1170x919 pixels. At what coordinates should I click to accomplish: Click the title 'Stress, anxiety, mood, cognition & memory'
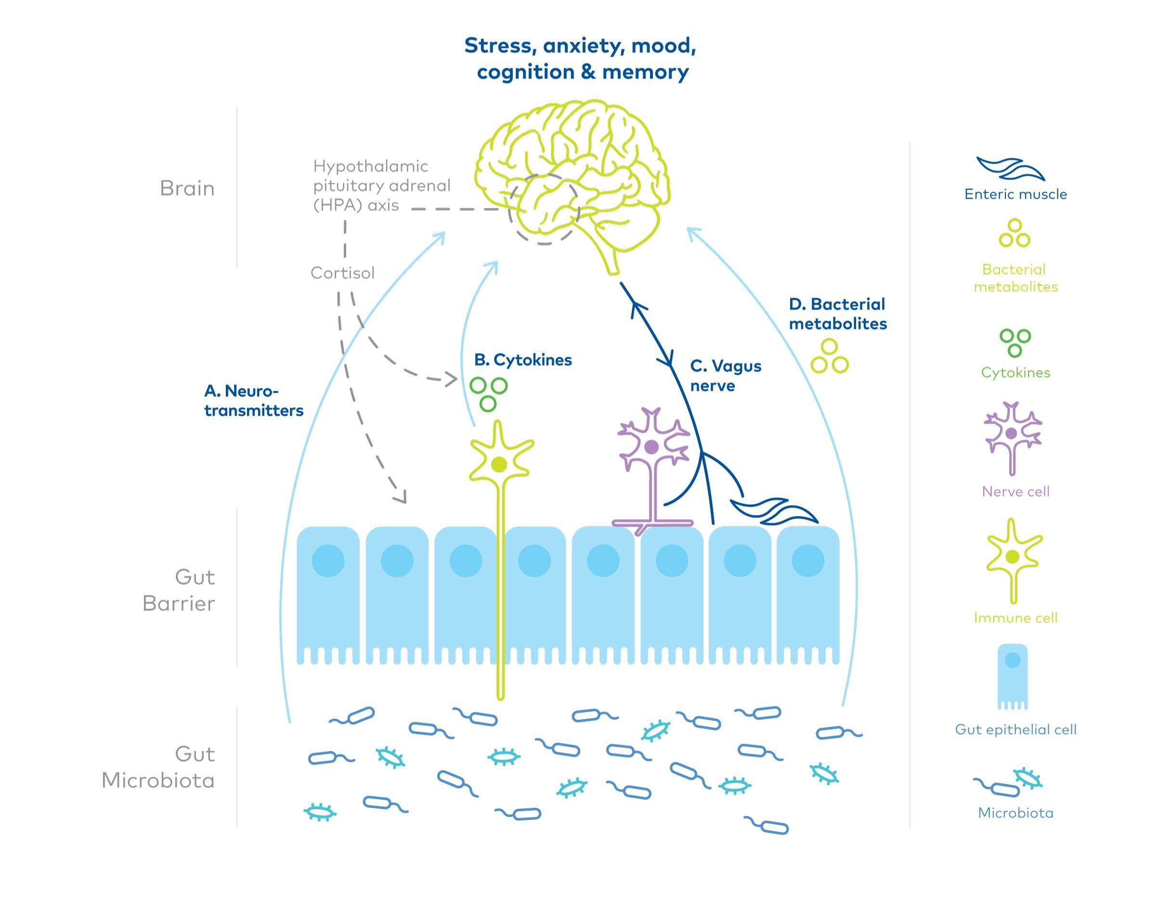(580, 59)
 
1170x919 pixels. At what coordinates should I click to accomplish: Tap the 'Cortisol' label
(342, 273)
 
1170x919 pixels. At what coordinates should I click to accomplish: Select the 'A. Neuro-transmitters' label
(254, 400)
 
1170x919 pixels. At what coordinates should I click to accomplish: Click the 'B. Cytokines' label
(523, 360)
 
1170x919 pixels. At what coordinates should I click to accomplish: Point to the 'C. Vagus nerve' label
(725, 376)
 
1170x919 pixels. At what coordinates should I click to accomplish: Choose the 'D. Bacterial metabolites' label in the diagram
(838, 314)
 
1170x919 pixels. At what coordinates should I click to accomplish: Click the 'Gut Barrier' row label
(179, 590)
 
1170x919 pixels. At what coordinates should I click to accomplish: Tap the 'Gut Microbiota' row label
(159, 767)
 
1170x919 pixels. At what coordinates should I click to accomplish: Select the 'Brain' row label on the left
(187, 188)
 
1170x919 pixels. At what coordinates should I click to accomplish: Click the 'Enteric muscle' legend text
(1015, 194)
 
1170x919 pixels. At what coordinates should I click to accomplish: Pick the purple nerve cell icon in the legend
(1012, 436)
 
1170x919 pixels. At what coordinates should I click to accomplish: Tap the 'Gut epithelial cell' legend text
(1015, 729)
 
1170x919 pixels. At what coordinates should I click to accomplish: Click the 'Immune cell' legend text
(1015, 618)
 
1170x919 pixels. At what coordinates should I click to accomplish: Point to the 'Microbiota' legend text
(1015, 813)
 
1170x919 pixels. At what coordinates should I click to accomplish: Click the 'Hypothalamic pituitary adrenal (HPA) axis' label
(381, 186)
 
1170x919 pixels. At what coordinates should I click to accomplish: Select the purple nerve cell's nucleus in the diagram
(651, 446)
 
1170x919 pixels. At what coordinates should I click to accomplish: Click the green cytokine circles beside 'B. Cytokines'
(488, 393)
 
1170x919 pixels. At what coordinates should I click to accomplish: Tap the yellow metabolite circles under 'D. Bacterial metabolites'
(830, 357)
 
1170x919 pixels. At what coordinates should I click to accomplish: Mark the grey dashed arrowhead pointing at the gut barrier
(400, 496)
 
